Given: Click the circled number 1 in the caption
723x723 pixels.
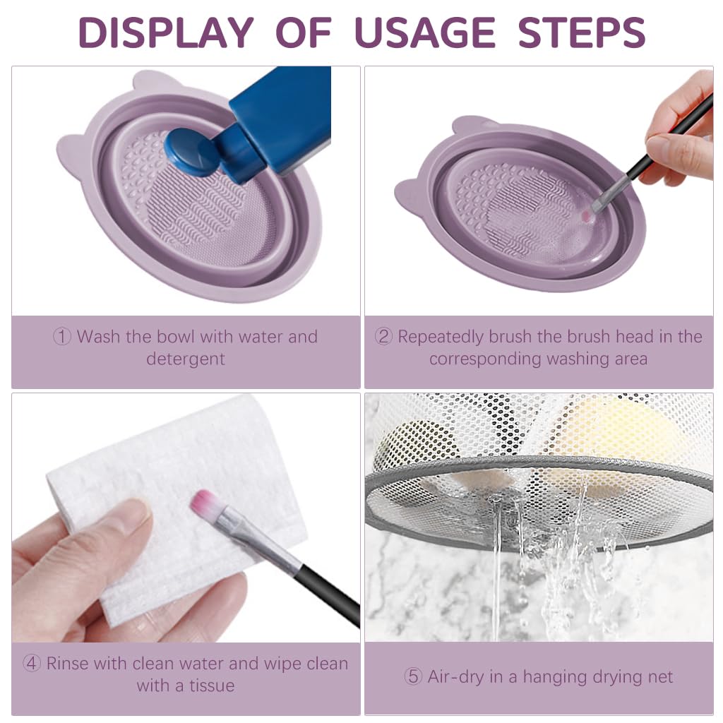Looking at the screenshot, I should (63, 337).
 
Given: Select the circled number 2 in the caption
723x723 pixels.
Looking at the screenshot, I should (383, 337).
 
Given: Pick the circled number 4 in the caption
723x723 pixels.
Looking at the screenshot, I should (32, 664).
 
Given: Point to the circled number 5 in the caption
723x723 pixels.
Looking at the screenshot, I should (413, 677).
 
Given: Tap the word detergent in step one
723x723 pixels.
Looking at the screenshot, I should (186, 359).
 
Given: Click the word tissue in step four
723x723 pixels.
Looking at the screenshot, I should (210, 685).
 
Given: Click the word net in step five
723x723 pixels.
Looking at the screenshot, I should (659, 677).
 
